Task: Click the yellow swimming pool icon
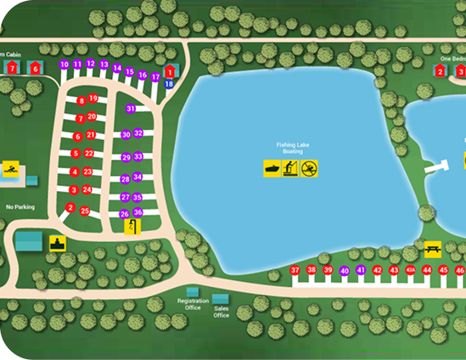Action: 10,168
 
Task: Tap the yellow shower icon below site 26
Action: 132,226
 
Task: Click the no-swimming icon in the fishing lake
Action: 311,169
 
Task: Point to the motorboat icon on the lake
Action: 272,169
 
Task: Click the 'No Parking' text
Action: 20,206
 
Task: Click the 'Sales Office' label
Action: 222,312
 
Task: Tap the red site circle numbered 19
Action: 93,98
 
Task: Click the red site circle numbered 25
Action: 85,211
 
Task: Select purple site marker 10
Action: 65,65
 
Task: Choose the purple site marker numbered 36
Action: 138,212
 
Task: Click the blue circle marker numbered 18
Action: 169,83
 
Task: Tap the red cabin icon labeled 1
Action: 169,70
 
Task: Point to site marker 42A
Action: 410,271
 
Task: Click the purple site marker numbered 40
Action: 344,271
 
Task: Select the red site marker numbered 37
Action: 295,271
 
